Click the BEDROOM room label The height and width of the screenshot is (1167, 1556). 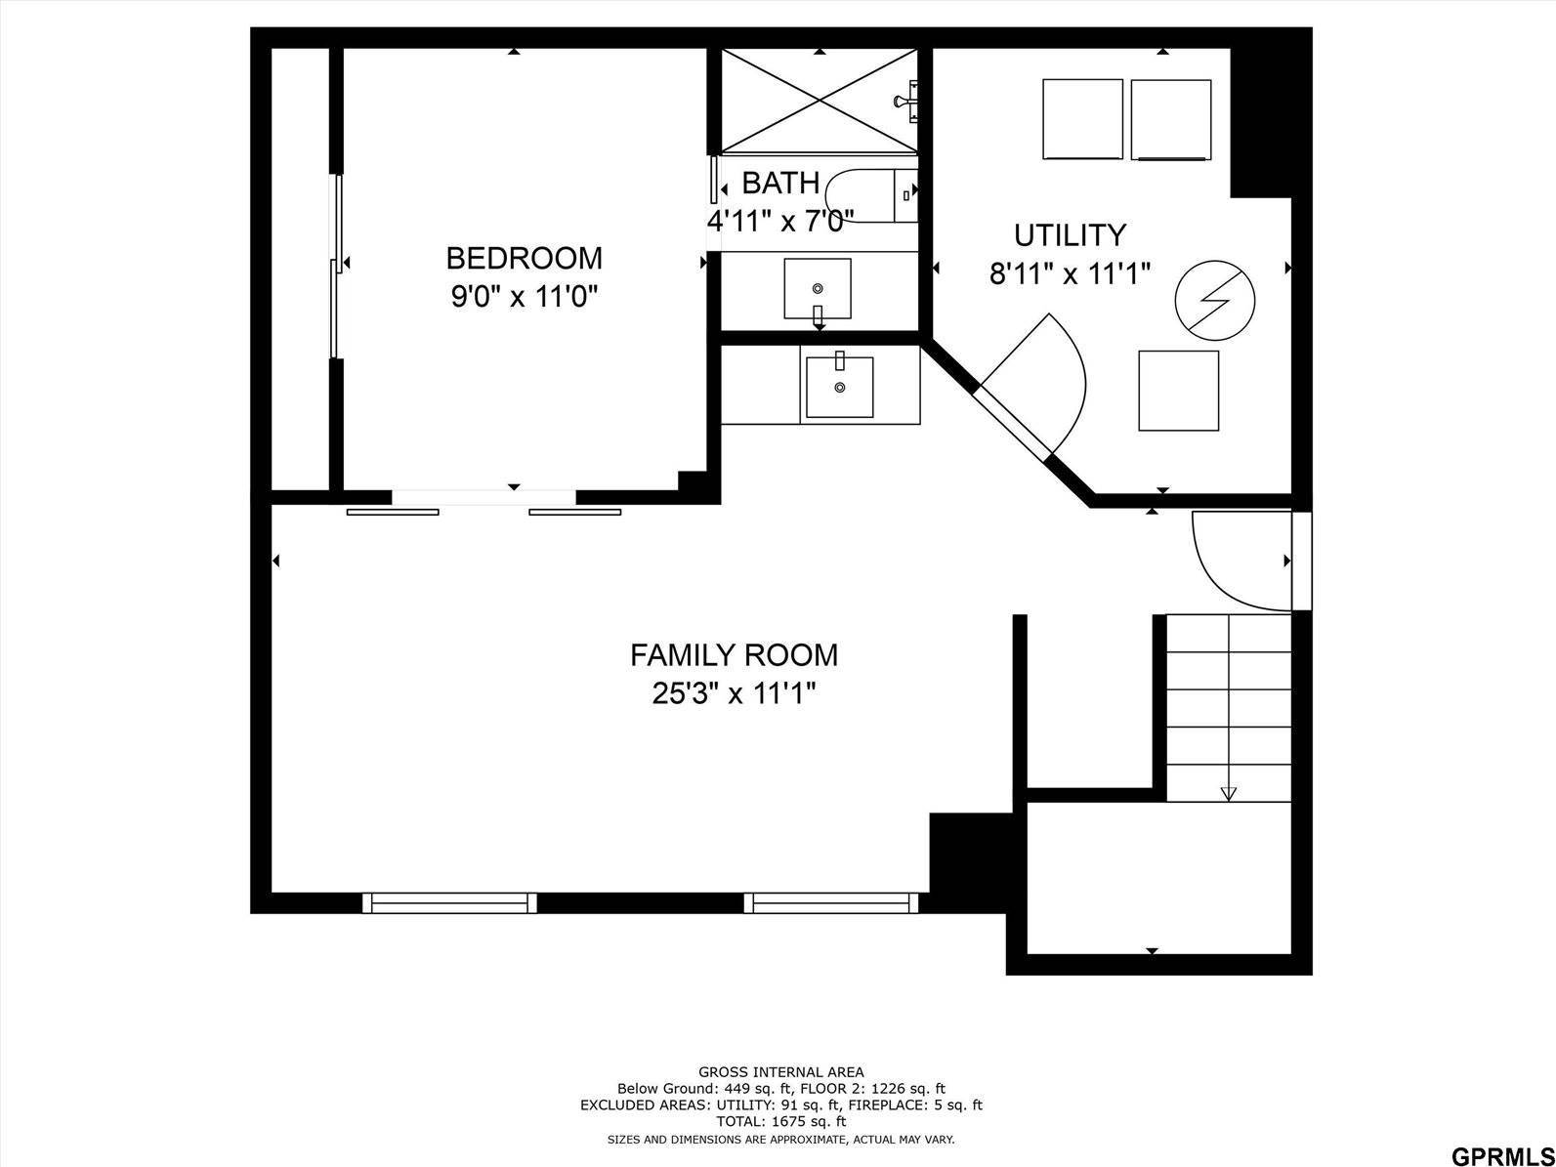point(524,258)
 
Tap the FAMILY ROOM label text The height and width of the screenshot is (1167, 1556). point(734,654)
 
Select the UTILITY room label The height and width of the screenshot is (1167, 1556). point(1070,235)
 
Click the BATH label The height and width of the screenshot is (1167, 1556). point(780,183)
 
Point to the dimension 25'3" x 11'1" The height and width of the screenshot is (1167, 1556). point(734,693)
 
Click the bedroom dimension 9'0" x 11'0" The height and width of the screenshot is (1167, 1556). point(524,295)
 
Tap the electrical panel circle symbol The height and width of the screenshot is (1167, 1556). point(1214,301)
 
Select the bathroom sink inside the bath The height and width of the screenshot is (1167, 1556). point(818,289)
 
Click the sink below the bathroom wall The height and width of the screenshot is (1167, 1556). point(839,387)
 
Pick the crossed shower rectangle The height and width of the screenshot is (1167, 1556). point(819,101)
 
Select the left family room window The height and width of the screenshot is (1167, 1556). point(449,903)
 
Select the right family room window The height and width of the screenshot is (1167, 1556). point(831,903)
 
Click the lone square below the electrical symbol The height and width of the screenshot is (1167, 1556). point(1178,391)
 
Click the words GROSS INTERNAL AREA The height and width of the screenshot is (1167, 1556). point(780,1071)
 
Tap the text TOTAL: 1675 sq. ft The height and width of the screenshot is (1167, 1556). point(780,1122)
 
